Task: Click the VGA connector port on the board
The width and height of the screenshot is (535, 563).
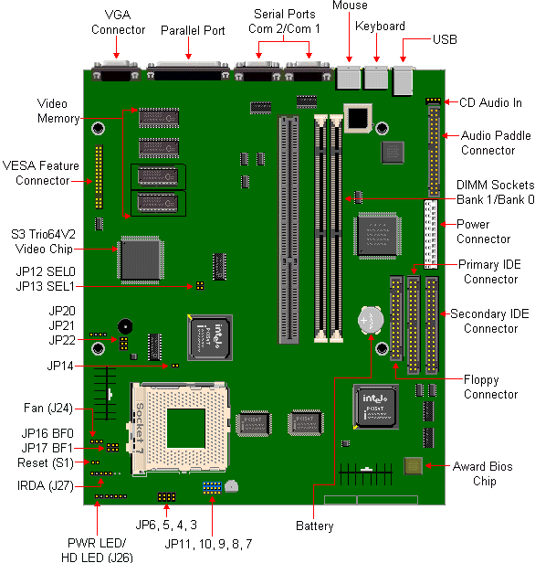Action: (x=116, y=70)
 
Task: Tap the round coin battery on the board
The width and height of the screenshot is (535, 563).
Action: (x=371, y=320)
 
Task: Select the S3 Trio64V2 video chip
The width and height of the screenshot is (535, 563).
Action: (x=141, y=260)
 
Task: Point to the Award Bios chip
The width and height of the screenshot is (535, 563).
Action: (x=413, y=466)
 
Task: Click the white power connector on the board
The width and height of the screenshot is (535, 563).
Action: (x=431, y=235)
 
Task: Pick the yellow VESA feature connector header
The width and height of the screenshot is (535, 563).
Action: (x=99, y=176)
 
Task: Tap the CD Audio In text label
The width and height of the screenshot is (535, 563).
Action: (x=490, y=102)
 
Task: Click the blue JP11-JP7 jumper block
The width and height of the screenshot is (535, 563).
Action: (x=212, y=487)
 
